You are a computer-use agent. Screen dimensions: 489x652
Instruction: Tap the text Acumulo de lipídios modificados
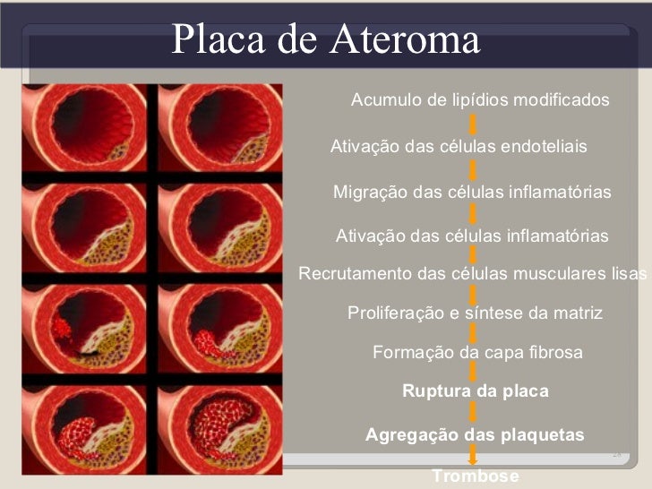point(479,99)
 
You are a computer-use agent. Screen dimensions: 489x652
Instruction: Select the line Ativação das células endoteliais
point(459,146)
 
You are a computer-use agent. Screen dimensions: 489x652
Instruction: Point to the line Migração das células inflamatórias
point(472,192)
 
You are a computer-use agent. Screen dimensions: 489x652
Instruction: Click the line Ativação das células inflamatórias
point(471,236)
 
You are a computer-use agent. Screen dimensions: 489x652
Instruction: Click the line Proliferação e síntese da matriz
point(475,313)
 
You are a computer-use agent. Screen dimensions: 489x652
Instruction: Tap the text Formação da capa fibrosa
point(477,352)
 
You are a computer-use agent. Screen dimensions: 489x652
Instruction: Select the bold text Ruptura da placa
point(475,391)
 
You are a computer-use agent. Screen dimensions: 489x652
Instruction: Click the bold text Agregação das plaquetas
point(475,435)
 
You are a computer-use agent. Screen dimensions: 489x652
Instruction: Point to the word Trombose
point(475,476)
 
